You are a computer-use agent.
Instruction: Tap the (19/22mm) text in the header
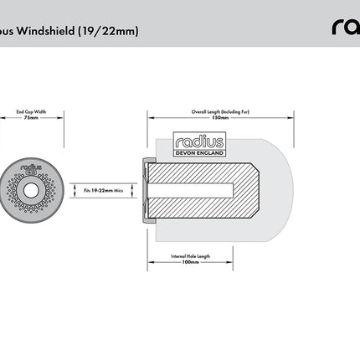[x=110, y=32]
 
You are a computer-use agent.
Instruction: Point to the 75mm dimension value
[x=31, y=118]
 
